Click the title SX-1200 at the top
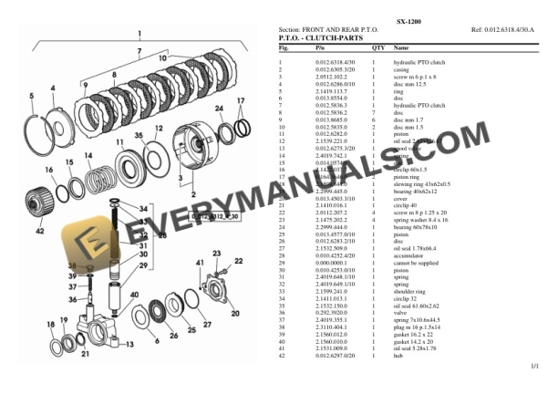[x=408, y=18]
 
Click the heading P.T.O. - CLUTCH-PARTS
[x=322, y=38]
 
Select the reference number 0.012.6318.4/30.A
[x=506, y=29]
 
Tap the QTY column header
[x=377, y=47]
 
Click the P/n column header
[x=320, y=47]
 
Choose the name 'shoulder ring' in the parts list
[x=411, y=289]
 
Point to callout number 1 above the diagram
[x=139, y=34]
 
